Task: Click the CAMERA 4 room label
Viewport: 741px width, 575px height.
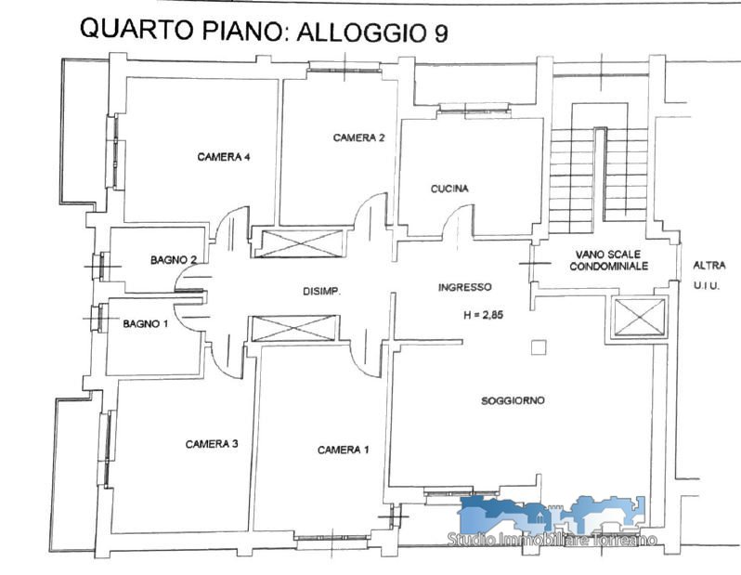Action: coord(224,156)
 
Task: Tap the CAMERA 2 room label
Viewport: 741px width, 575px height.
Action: coord(358,137)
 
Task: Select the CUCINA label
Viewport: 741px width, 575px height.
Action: coord(449,189)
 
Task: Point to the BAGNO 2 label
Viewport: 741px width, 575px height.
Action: coord(174,259)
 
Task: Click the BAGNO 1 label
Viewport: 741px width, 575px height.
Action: coord(145,324)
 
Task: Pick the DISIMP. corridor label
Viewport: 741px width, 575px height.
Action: coord(321,292)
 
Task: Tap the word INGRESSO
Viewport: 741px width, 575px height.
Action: coord(465,287)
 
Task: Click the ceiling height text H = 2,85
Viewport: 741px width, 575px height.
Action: coord(484,315)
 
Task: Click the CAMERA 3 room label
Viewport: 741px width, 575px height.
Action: coord(212,444)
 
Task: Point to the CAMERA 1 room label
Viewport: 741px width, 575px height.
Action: coord(343,450)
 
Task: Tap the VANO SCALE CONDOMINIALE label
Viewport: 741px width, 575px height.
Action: coord(609,260)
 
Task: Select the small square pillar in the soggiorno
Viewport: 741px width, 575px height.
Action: coord(539,347)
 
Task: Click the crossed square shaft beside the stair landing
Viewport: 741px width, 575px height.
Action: coord(640,317)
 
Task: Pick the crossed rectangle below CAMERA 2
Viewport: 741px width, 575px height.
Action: coord(299,243)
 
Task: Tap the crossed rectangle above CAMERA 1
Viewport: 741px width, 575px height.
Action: coord(295,328)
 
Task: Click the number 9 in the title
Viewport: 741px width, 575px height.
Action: coord(439,33)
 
